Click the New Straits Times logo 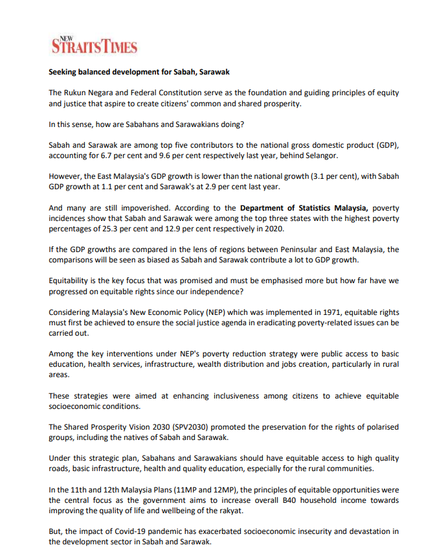(94, 45)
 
